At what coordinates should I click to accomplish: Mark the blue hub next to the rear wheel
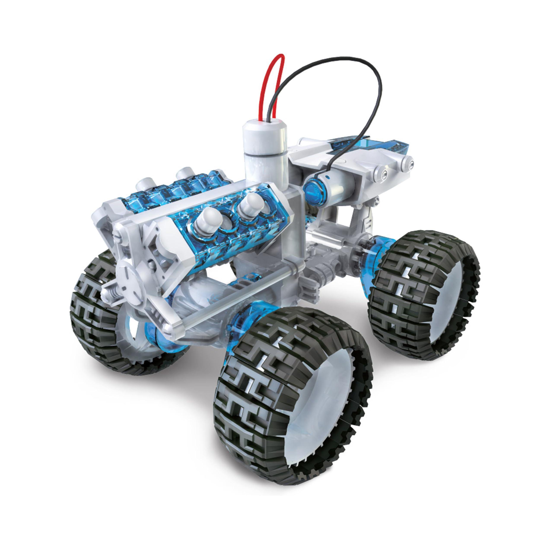pos(384,252)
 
